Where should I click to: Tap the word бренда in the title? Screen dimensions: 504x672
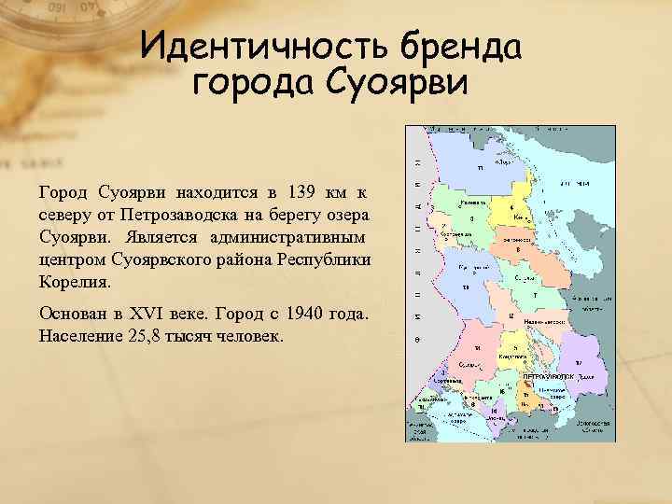[459, 46]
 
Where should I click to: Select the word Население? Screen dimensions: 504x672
[77, 334]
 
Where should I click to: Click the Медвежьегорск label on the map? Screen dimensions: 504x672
[539, 320]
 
